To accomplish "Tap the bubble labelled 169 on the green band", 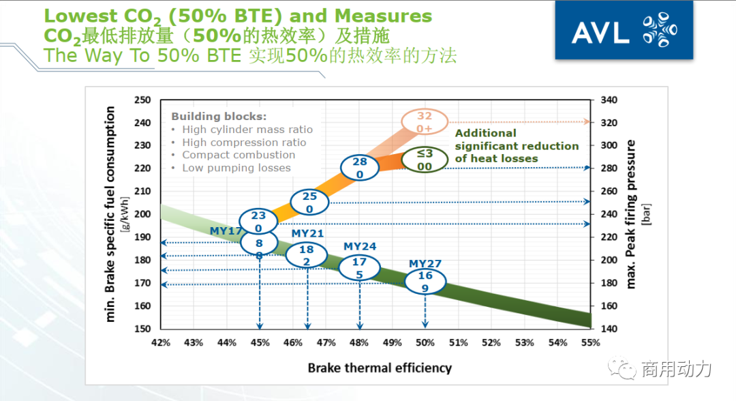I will (x=425, y=282).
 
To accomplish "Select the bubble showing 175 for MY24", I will (x=359, y=267).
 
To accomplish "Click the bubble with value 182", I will (x=307, y=255).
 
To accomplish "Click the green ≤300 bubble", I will (x=425, y=160).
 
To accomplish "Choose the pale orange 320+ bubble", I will (x=425, y=121).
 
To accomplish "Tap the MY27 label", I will (x=425, y=263).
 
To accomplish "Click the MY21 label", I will (x=307, y=233).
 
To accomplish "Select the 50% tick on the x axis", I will (x=425, y=342).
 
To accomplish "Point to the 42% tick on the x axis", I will (x=161, y=342).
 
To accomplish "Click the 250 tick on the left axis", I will (x=142, y=100).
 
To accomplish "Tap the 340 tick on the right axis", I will (x=609, y=100).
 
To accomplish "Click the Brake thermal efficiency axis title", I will (x=380, y=368).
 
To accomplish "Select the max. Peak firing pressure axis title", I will (x=630, y=213).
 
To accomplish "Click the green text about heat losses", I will (x=517, y=146).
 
